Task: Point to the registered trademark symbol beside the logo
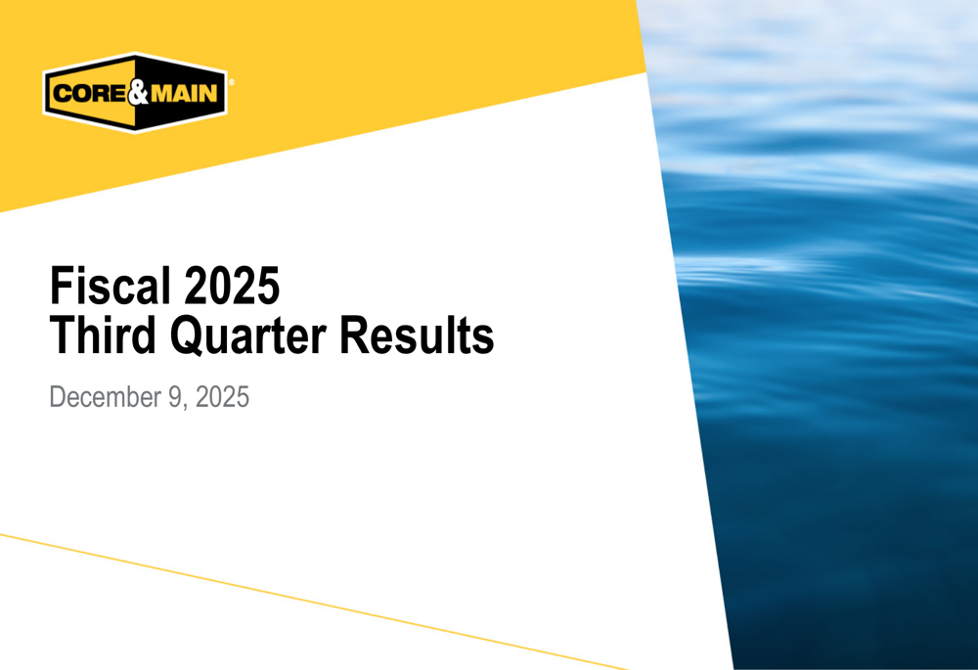230,83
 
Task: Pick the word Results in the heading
418,335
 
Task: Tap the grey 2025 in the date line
220,398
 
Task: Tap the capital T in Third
62,335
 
